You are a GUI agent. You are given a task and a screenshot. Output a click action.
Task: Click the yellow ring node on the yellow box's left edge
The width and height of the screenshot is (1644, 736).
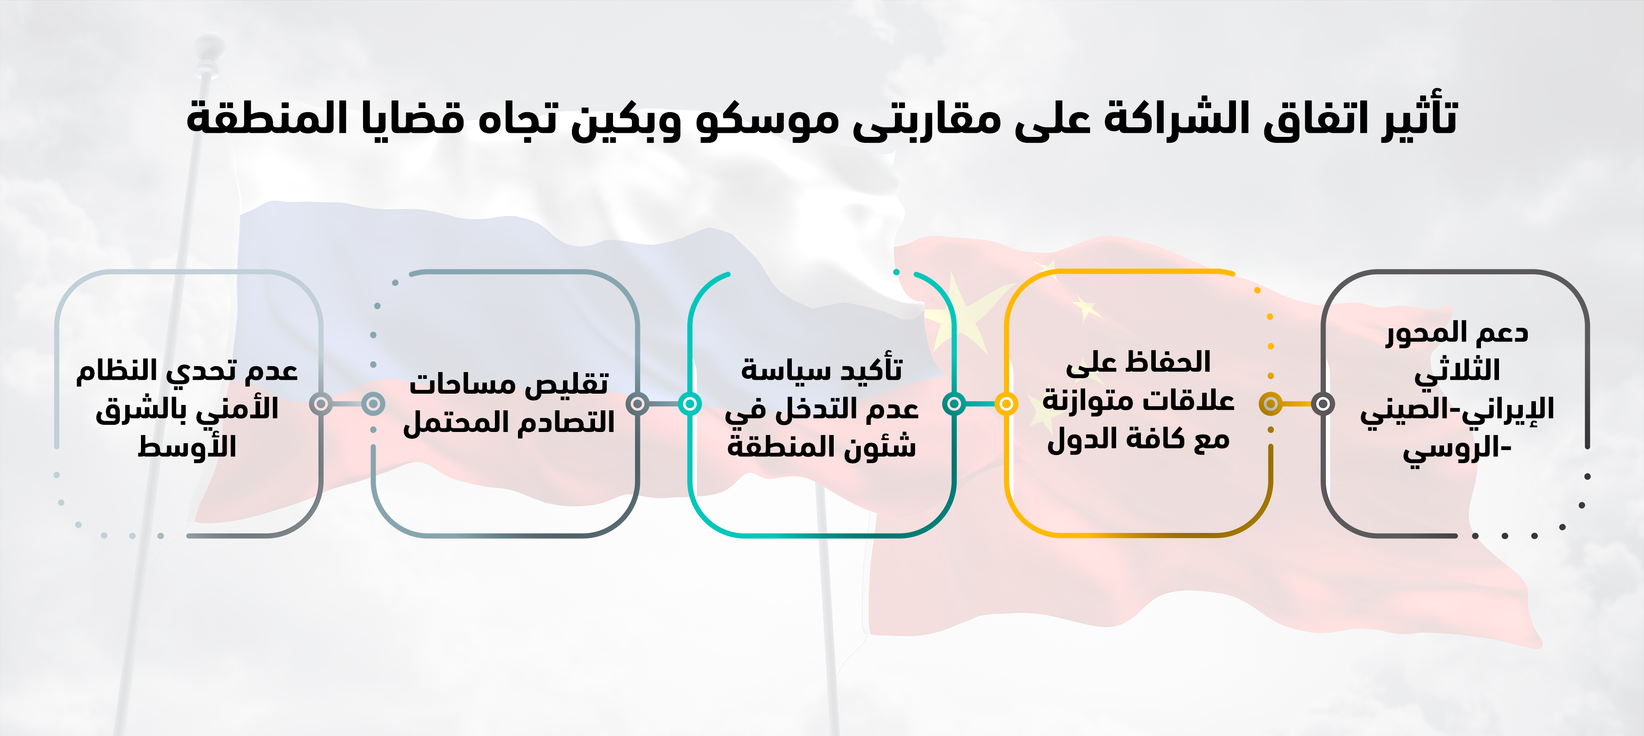point(1006,404)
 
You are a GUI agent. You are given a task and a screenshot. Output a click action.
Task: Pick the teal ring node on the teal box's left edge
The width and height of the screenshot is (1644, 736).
point(690,404)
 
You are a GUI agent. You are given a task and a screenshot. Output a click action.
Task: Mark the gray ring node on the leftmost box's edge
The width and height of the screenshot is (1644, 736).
point(321,404)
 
